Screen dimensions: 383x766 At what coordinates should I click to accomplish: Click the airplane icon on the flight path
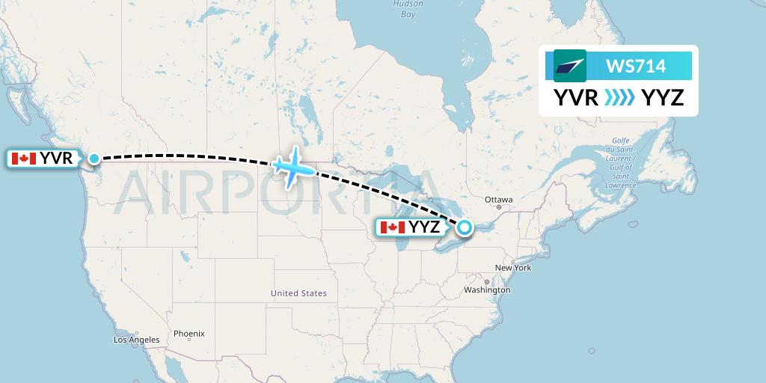pos(292,167)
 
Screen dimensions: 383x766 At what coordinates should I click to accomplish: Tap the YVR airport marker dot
pos(94,158)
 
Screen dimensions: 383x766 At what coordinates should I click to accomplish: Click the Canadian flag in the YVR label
pos(23,159)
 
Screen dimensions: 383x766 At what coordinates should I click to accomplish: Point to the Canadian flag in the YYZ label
pos(392,227)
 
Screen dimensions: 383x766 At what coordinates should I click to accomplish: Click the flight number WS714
pos(635,66)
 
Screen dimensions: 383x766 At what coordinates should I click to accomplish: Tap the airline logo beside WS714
pos(570,66)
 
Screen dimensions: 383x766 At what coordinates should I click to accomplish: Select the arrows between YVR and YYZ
pos(619,97)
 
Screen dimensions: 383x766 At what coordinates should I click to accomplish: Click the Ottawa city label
pos(498,200)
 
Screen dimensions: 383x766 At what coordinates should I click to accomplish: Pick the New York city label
pos(512,268)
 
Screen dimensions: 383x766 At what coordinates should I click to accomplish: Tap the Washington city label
pos(487,289)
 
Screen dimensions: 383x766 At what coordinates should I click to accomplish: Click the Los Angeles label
pos(136,340)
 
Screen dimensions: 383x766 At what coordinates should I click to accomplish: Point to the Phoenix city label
pos(189,334)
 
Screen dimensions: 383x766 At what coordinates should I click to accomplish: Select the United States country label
pos(298,293)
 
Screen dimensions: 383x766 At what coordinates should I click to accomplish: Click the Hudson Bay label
pos(408,9)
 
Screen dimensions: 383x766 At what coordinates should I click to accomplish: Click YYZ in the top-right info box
pos(662,97)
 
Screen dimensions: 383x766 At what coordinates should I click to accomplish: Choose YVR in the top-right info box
pos(575,97)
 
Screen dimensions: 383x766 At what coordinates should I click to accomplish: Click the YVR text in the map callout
pos(56,159)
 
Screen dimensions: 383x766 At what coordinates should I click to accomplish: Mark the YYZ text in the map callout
pos(424,227)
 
